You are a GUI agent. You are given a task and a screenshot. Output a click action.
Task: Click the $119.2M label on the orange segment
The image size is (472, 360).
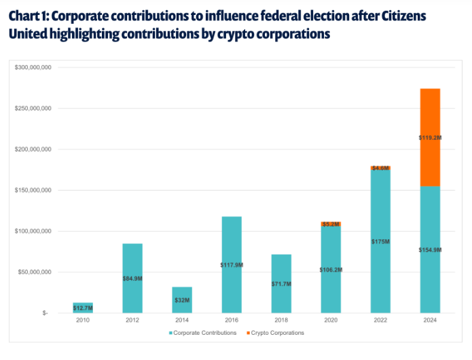coord(430,137)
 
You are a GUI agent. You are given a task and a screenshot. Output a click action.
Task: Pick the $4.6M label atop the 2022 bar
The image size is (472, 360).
coord(380,168)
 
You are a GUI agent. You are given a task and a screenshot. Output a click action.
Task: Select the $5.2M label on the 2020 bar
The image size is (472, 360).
coord(331,223)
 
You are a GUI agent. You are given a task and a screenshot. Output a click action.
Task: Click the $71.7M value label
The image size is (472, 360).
coord(281,283)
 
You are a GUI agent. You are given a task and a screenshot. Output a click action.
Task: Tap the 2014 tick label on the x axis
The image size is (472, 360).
coord(182,320)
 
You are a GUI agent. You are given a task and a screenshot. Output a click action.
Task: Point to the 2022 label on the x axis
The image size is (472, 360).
coord(380,320)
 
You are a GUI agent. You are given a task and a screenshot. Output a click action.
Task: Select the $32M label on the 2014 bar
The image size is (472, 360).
coord(182,299)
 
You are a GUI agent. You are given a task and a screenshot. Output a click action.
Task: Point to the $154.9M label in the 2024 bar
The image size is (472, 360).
coord(430,250)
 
